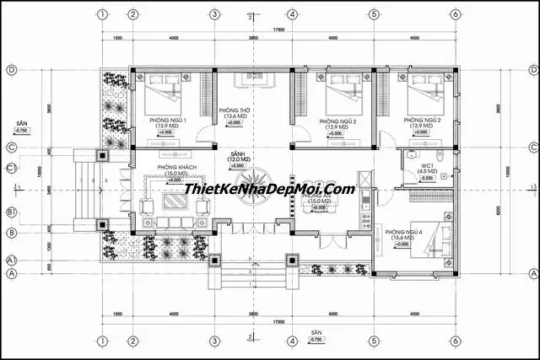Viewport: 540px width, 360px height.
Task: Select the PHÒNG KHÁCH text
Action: point(174,168)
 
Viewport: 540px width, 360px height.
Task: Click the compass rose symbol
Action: point(252,181)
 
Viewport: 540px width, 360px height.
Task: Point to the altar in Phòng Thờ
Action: point(252,78)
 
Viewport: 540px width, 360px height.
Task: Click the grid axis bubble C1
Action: point(13,168)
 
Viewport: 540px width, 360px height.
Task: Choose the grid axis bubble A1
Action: point(13,261)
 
